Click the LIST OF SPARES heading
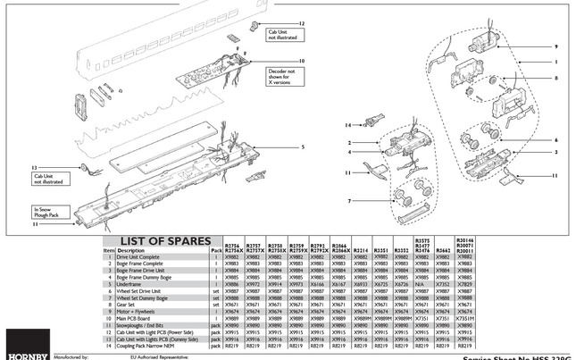tap(160, 241)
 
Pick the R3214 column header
tap(360, 250)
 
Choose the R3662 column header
tap(444, 250)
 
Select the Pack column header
tap(215, 250)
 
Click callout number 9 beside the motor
tap(555, 46)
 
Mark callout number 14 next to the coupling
tap(350, 125)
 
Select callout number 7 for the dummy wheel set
tap(350, 201)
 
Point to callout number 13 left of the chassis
tap(33, 167)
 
